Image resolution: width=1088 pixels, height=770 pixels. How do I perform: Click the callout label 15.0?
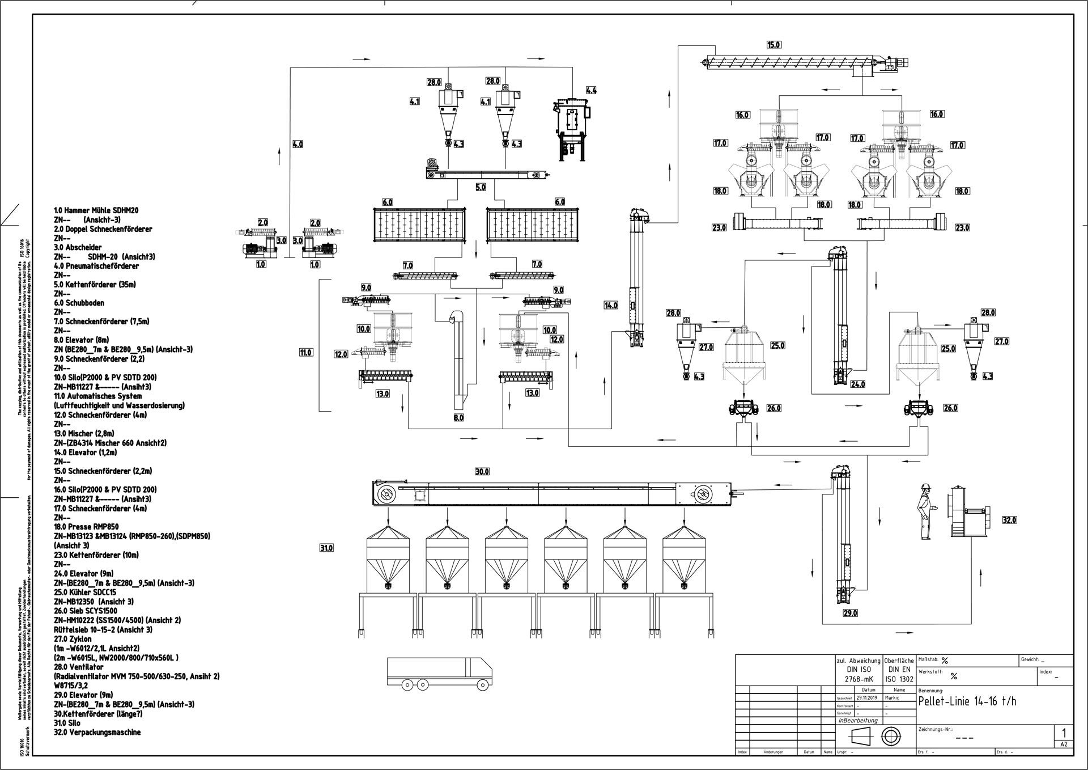pos(773,45)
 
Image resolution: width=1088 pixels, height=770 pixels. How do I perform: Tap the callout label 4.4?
pos(591,90)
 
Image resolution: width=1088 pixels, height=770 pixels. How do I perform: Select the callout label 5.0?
pos(481,187)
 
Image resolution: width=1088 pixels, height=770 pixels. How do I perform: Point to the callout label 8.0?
pos(458,418)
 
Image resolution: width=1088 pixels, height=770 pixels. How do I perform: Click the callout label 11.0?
pos(305,353)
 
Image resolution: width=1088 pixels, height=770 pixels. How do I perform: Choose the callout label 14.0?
pos(611,306)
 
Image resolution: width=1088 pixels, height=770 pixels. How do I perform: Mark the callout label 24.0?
pos(858,384)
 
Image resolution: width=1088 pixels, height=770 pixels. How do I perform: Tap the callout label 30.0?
pos(482,472)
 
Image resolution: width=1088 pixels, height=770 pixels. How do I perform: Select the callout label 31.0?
pos(326,548)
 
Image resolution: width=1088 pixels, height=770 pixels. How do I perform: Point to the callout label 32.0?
pos(1009,520)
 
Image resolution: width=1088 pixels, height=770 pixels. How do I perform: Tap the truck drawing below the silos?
pos(439,675)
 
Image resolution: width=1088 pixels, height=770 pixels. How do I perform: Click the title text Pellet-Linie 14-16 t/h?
pos(967,702)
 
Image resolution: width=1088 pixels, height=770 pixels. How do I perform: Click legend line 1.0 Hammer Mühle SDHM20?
pos(96,210)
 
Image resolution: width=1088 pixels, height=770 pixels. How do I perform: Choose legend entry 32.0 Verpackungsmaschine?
pos(97,732)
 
